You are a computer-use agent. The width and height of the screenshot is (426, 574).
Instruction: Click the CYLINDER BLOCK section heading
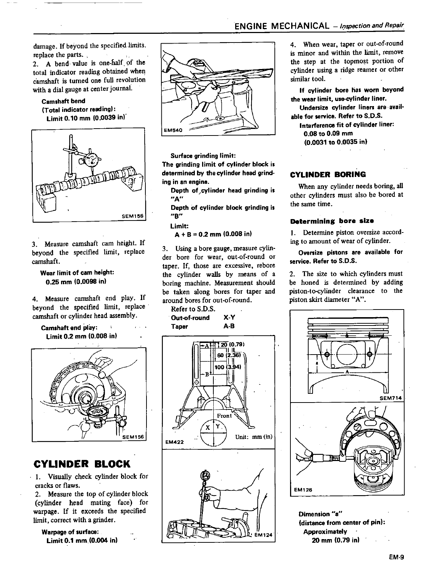click(81, 464)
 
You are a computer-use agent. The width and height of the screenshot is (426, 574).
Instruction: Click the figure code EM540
click(172, 130)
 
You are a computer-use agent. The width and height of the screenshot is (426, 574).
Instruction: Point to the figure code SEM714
click(390, 398)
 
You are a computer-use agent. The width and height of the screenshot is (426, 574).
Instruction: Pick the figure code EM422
click(173, 442)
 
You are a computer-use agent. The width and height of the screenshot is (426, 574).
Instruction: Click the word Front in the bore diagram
click(224, 416)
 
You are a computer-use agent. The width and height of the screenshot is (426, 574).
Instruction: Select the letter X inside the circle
click(208, 428)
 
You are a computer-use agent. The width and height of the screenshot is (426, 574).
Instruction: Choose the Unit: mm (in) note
click(253, 436)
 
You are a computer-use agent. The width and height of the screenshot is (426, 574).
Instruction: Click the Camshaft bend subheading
click(63, 101)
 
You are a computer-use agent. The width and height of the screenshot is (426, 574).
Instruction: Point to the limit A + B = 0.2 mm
click(213, 234)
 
